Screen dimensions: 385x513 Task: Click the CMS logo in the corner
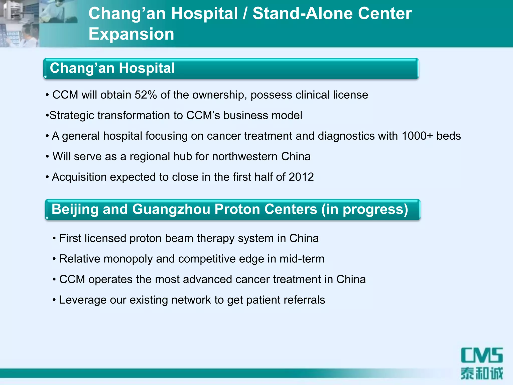tap(482, 355)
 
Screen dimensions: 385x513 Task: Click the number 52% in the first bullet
tap(146, 95)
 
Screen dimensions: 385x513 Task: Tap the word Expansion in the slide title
tap(131, 34)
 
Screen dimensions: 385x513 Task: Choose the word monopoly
tap(128, 259)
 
